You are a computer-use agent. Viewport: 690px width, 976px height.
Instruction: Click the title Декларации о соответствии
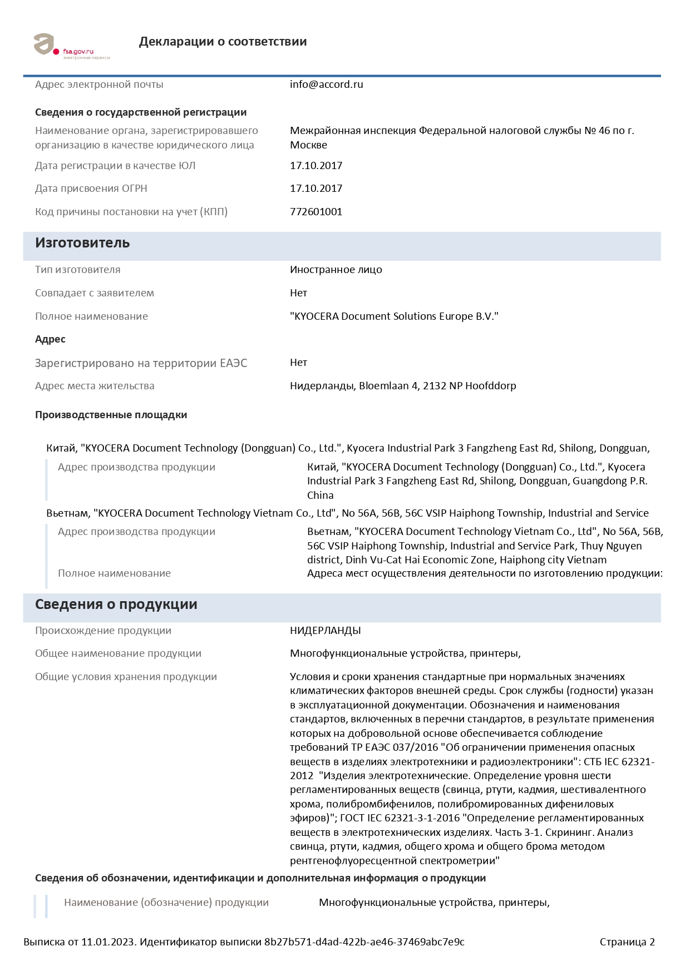(223, 42)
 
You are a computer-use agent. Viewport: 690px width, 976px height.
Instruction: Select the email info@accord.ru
(326, 85)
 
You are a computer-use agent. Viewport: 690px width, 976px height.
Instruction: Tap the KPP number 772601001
(316, 212)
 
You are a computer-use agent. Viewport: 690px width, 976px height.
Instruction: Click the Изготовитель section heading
(82, 243)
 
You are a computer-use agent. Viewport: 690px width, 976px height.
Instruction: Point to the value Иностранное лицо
(336, 270)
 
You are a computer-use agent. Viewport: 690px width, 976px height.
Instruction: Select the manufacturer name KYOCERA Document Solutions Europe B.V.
(394, 316)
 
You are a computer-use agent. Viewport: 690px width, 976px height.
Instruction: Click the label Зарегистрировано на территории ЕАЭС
(141, 363)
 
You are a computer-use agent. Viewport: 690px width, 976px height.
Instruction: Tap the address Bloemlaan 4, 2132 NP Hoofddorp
(437, 386)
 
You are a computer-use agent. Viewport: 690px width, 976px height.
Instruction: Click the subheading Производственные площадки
(111, 415)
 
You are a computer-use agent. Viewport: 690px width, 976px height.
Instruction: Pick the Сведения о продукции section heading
(116, 605)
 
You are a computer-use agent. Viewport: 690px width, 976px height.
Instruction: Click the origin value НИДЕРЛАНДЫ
(325, 631)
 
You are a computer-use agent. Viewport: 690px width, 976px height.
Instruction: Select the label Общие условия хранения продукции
(126, 677)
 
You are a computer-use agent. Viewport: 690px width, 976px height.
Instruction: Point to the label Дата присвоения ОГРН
(91, 189)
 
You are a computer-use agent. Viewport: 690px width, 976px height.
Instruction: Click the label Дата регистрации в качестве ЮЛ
(115, 166)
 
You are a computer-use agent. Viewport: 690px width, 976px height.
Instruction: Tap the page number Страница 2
(627, 942)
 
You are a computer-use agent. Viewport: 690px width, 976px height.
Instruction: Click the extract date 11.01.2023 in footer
(108, 942)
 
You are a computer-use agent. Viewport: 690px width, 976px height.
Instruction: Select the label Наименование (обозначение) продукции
(166, 903)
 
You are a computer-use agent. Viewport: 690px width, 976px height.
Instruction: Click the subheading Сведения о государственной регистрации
(141, 112)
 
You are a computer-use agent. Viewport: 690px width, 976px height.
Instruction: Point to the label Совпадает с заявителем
(95, 293)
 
